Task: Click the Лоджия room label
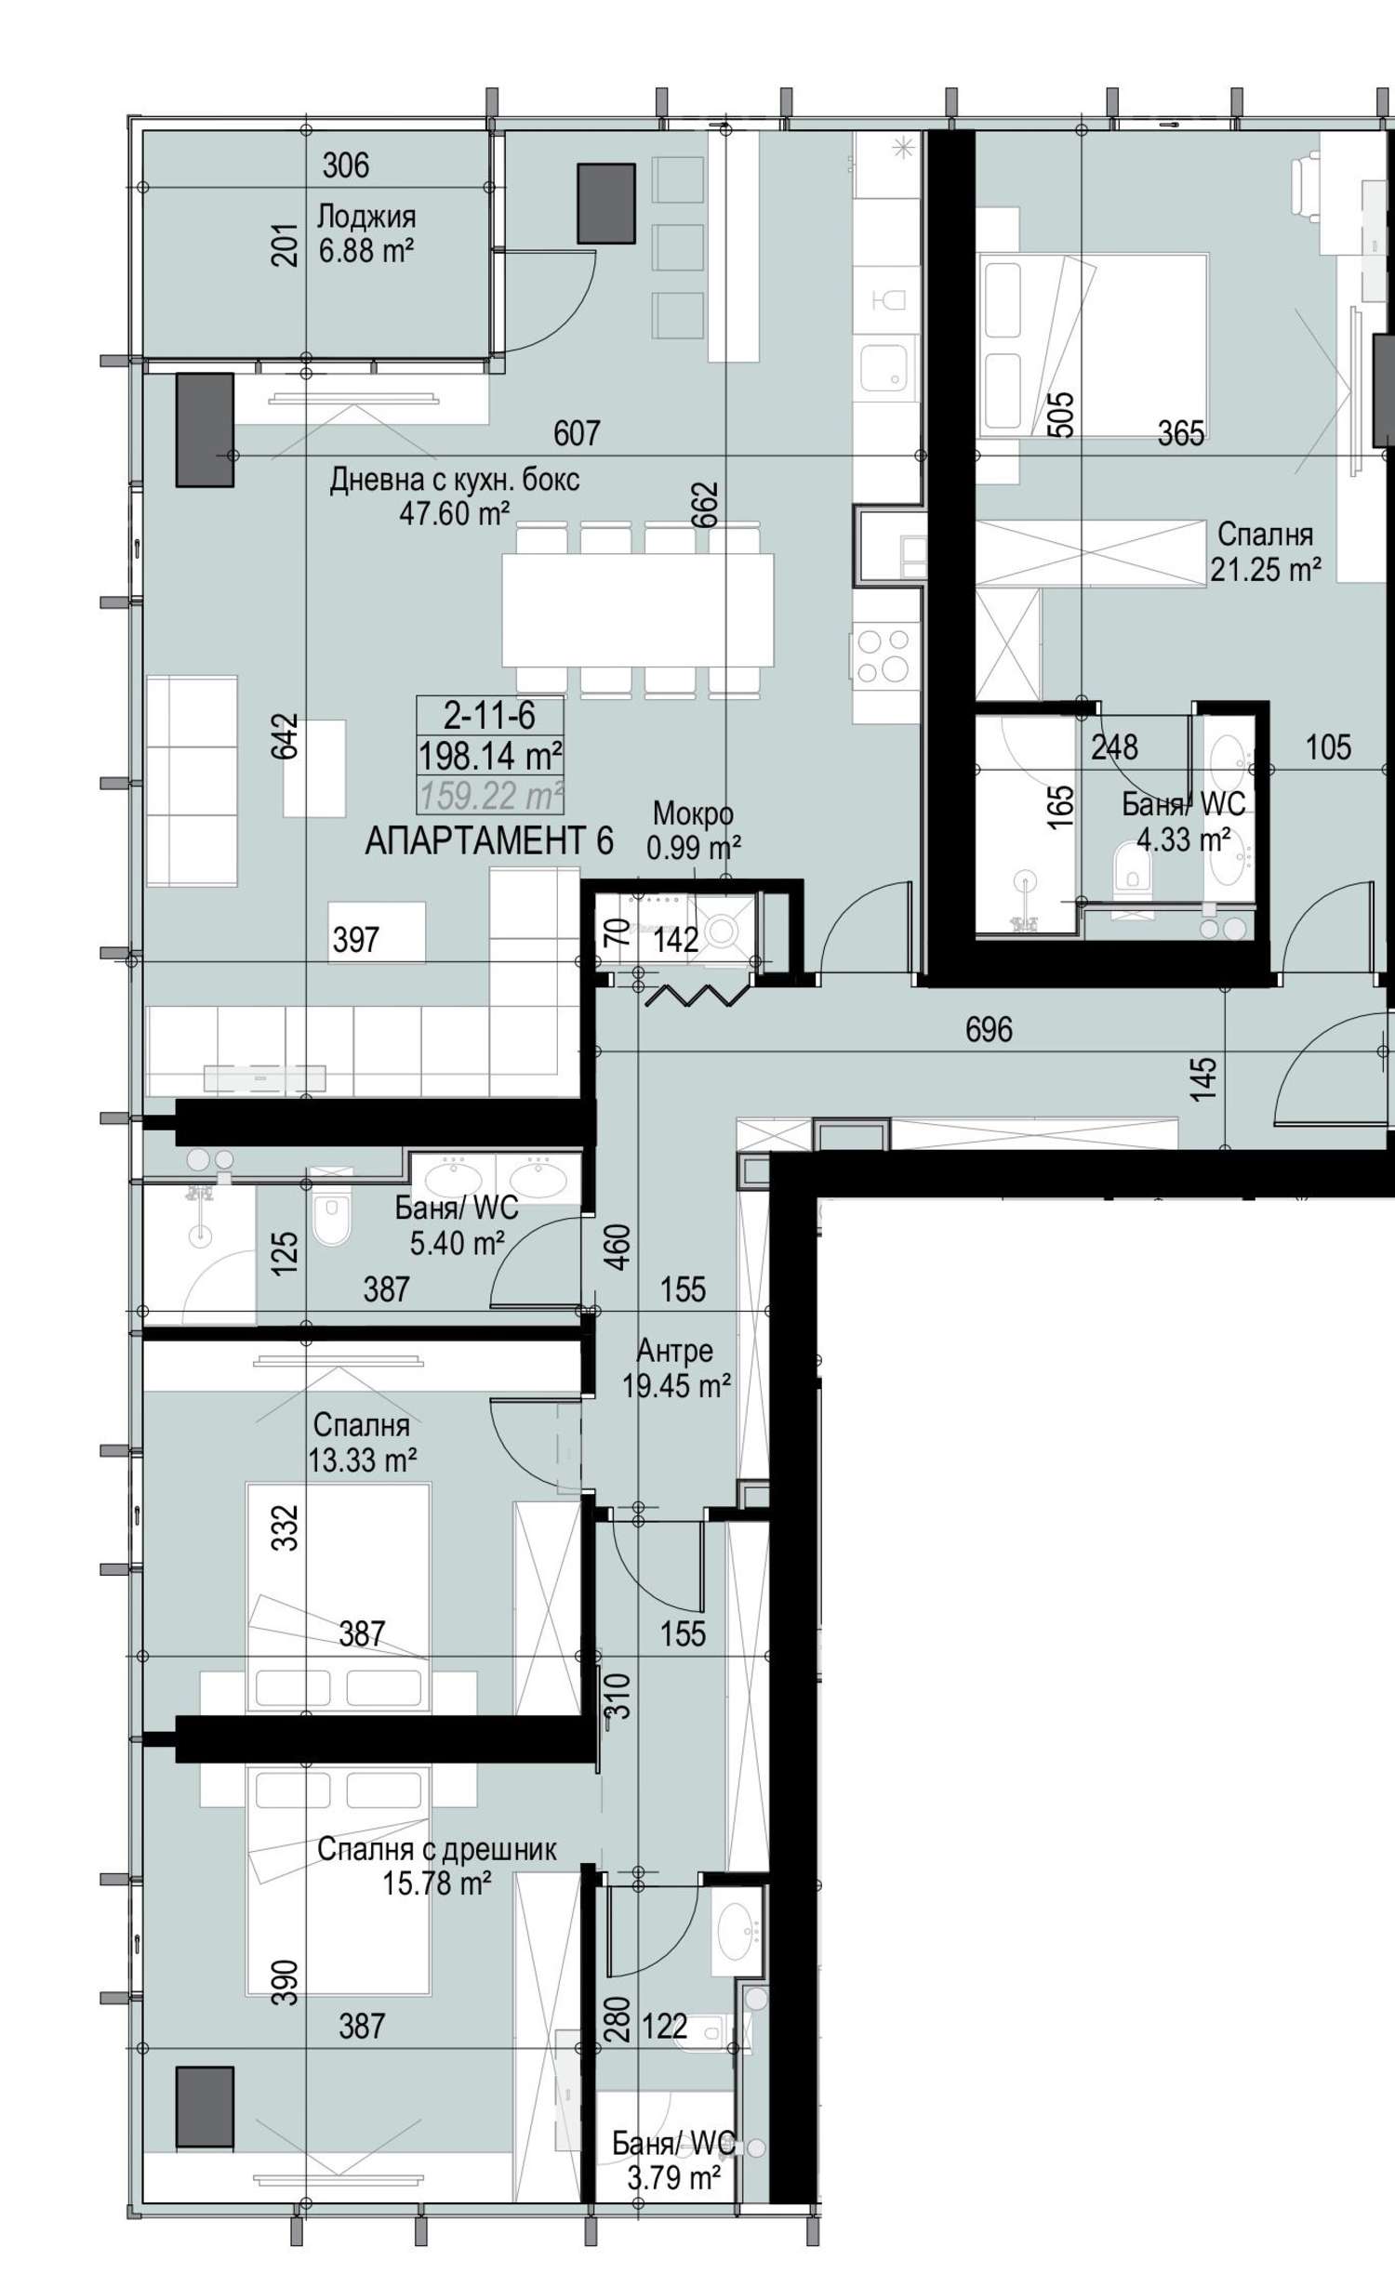pos(366,217)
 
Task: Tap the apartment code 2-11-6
pos(489,715)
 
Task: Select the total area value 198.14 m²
pos(490,755)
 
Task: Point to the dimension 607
pos(577,433)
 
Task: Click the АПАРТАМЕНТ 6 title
pos(489,841)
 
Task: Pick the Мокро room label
pos(693,813)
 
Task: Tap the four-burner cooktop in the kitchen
pos(883,656)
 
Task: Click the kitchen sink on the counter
pos(883,368)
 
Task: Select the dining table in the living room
pos(638,610)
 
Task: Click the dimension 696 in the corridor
pos(989,1030)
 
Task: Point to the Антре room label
pos(675,1351)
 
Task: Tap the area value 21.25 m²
pos(1266,570)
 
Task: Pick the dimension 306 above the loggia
pos(346,165)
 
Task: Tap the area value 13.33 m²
pos(363,1460)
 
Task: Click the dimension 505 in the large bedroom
pos(1061,414)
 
